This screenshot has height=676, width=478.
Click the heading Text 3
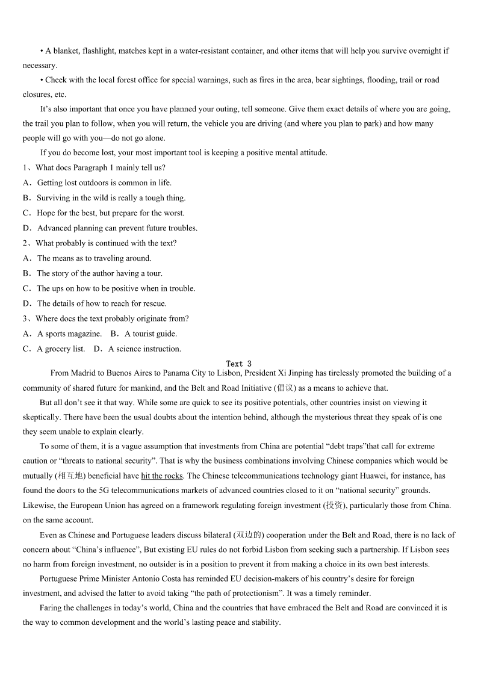click(x=239, y=364)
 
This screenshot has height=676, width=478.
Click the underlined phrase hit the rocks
click(x=162, y=476)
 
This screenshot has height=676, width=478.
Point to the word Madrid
click(x=83, y=373)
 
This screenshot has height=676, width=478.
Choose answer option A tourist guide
click(x=151, y=333)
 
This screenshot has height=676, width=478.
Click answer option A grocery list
click(x=61, y=349)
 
